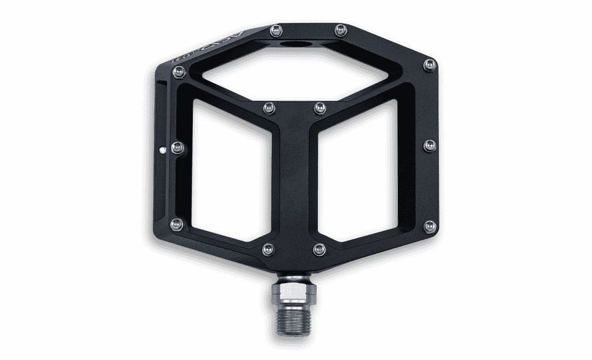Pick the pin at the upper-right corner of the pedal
pyautogui.click(x=430, y=64)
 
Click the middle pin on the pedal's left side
pyautogui.click(x=176, y=147)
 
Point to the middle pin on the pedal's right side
pyautogui.click(x=430, y=145)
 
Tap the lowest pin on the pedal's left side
pyautogui.click(x=176, y=225)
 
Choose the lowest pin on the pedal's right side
pyautogui.click(x=430, y=226)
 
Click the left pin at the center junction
pyautogui.click(x=268, y=107)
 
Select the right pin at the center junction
pyautogui.click(x=319, y=107)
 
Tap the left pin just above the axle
pyautogui.click(x=268, y=249)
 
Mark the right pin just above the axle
pyautogui.click(x=320, y=248)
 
